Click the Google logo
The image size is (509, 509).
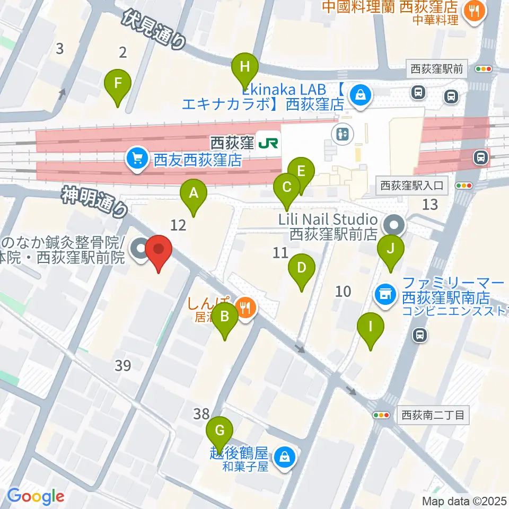pyautogui.click(x=36, y=496)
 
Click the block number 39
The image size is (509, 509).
pyautogui.click(x=122, y=365)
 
